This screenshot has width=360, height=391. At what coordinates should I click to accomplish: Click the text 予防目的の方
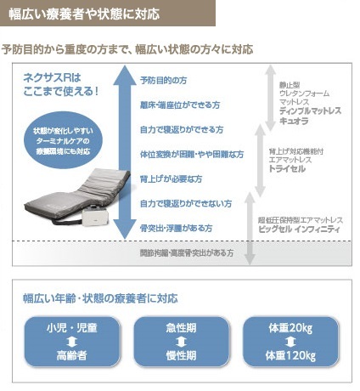165,79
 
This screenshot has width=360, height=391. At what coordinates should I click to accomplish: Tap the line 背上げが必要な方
171,178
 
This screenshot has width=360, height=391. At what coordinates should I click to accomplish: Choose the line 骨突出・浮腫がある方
176,229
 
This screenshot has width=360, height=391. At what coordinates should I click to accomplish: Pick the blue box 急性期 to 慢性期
181,343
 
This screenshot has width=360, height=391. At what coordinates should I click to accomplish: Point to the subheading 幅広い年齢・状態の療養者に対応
100,298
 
